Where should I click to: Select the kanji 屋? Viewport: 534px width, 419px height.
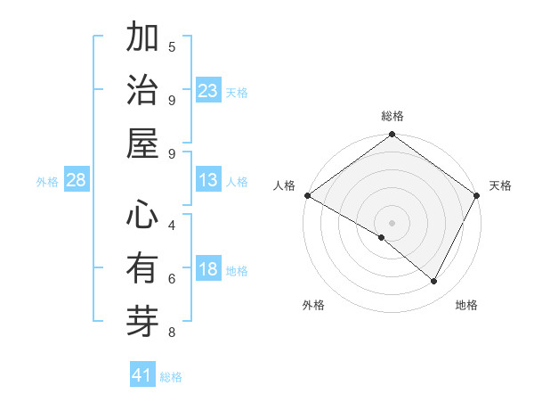142,144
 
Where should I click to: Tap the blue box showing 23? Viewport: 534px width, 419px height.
208,90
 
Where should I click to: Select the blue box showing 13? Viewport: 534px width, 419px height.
208,180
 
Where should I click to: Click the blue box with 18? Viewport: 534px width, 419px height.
208,269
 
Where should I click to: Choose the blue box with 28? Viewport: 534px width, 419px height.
77,180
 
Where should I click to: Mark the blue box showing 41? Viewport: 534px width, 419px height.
142,375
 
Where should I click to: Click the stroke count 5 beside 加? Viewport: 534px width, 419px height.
172,46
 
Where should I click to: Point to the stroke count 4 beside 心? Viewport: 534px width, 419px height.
172,225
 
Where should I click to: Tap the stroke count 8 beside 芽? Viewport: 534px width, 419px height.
172,333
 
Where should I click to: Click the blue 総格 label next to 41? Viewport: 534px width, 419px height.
171,377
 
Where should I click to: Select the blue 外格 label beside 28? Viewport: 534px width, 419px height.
47,182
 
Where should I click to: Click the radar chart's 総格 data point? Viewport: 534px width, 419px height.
392,136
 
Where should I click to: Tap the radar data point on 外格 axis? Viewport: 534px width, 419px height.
382,238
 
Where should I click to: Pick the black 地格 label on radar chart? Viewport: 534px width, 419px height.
466,305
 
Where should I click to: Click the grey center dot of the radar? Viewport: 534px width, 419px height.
392,222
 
